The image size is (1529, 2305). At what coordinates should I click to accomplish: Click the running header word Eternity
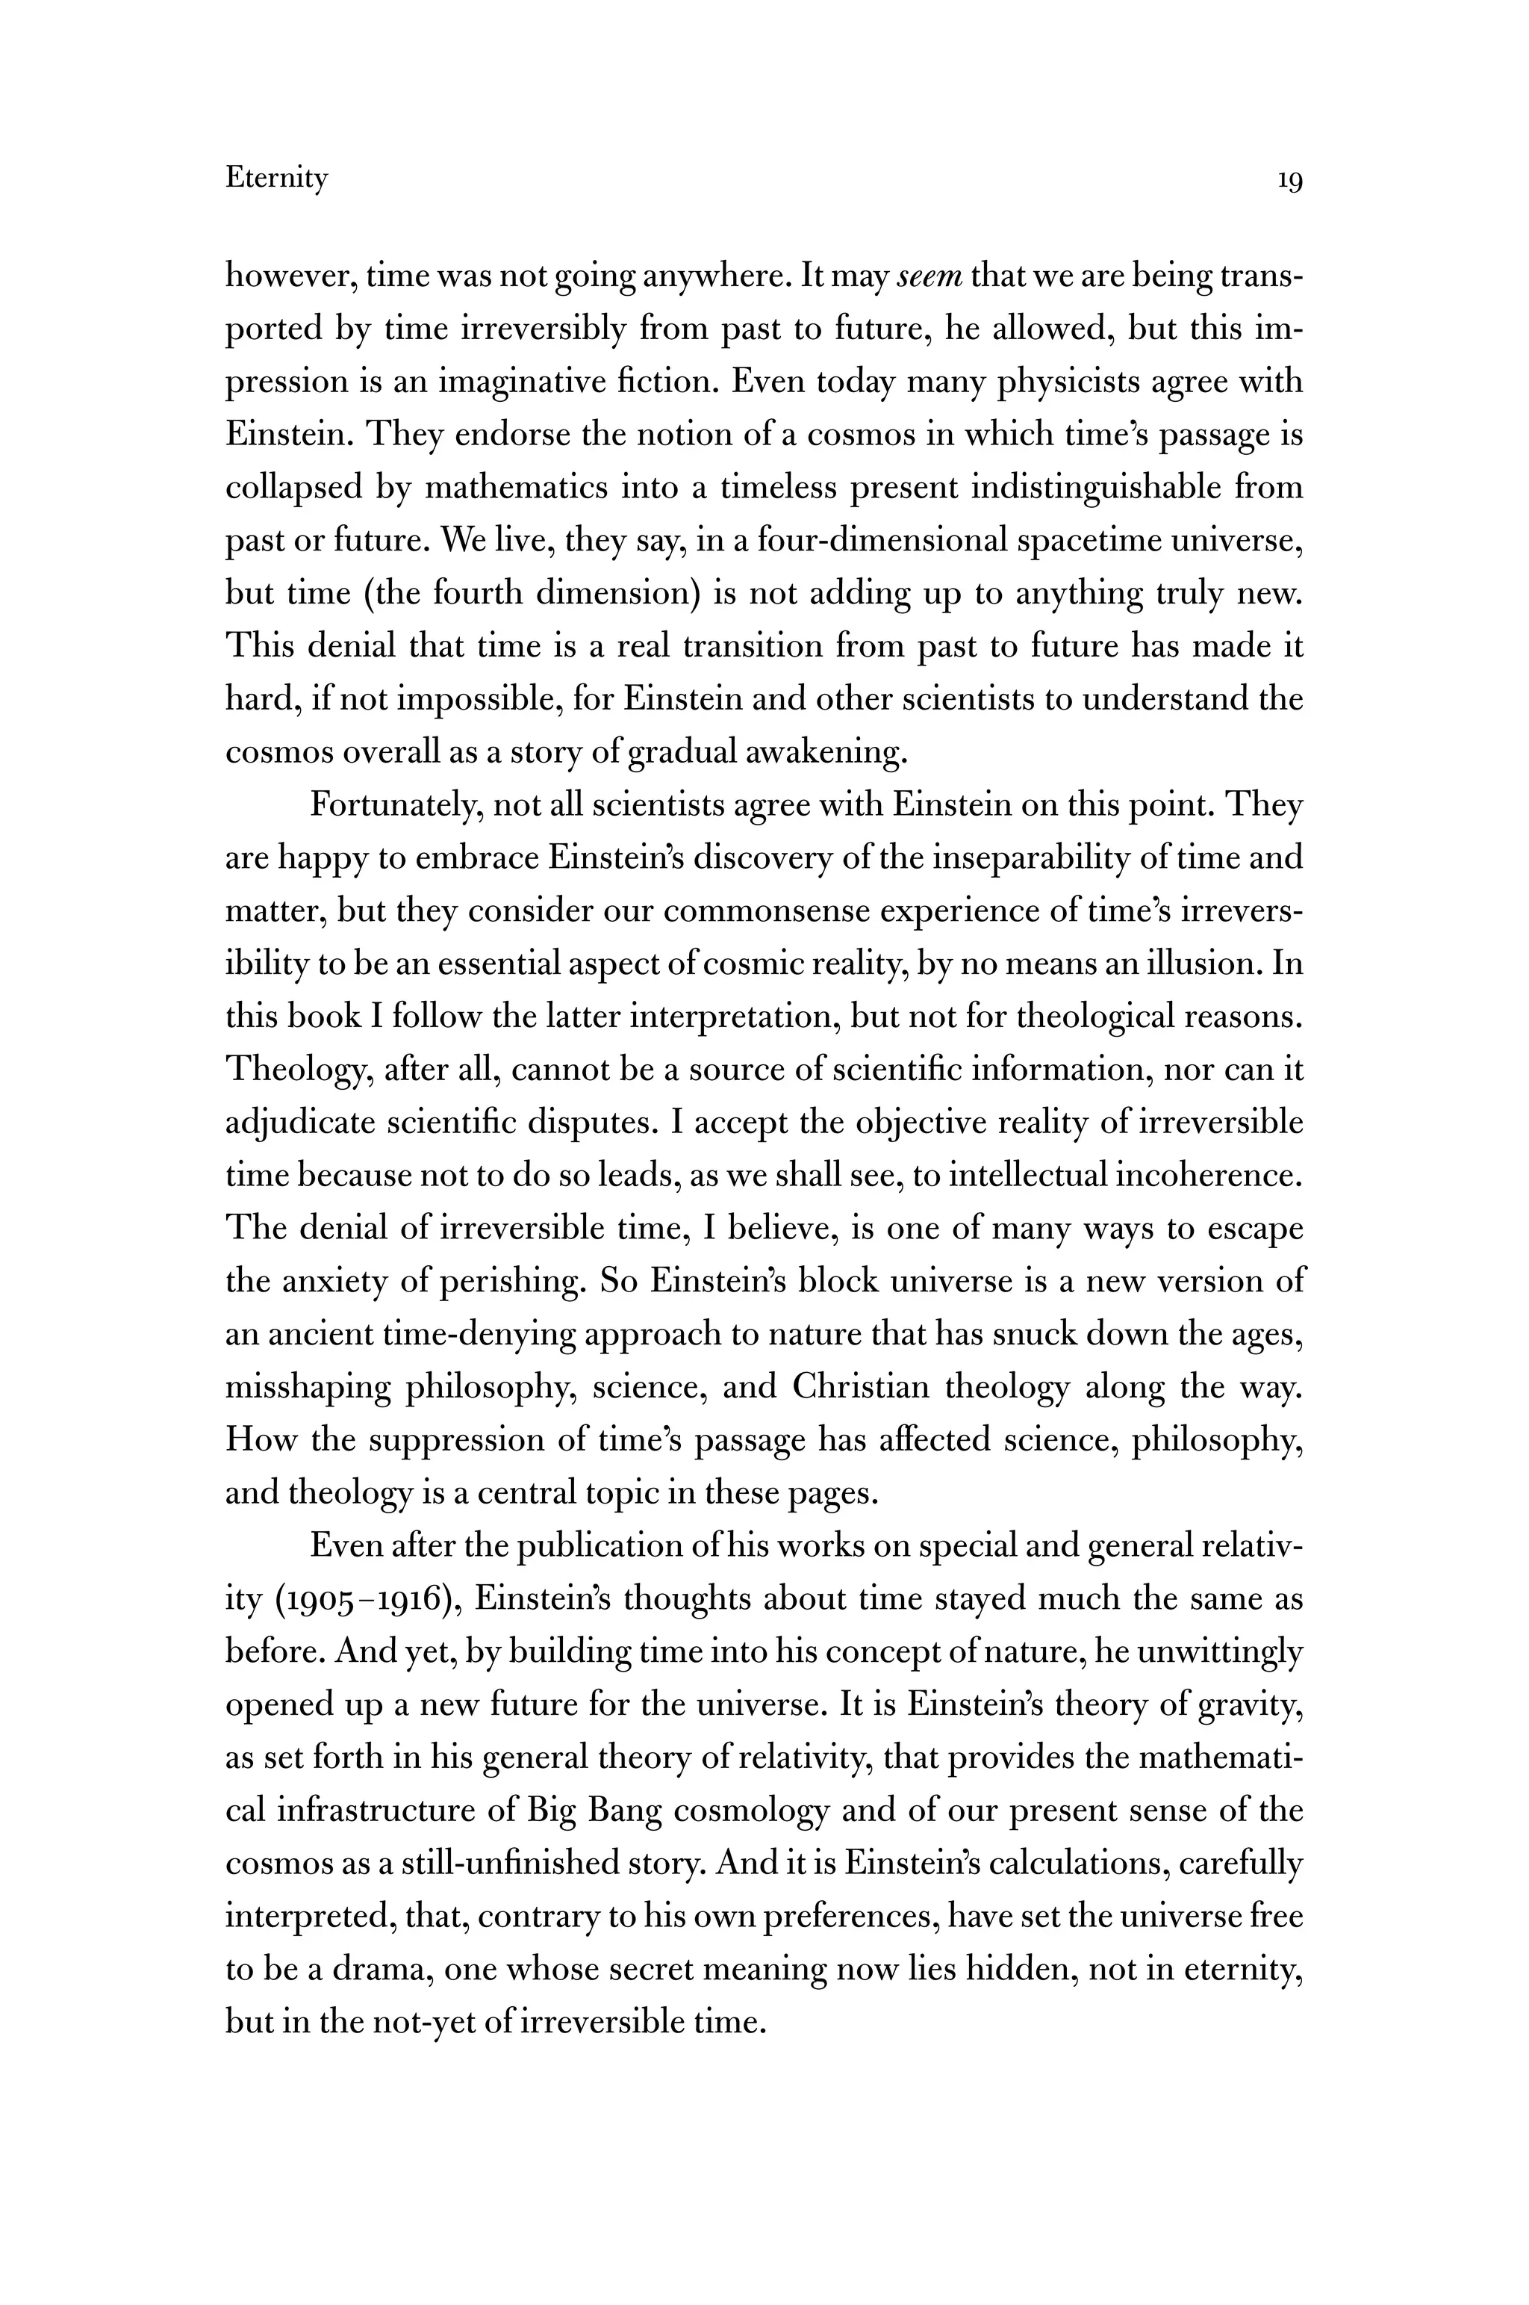[x=276, y=179]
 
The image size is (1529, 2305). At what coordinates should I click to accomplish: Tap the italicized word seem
[x=929, y=276]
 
